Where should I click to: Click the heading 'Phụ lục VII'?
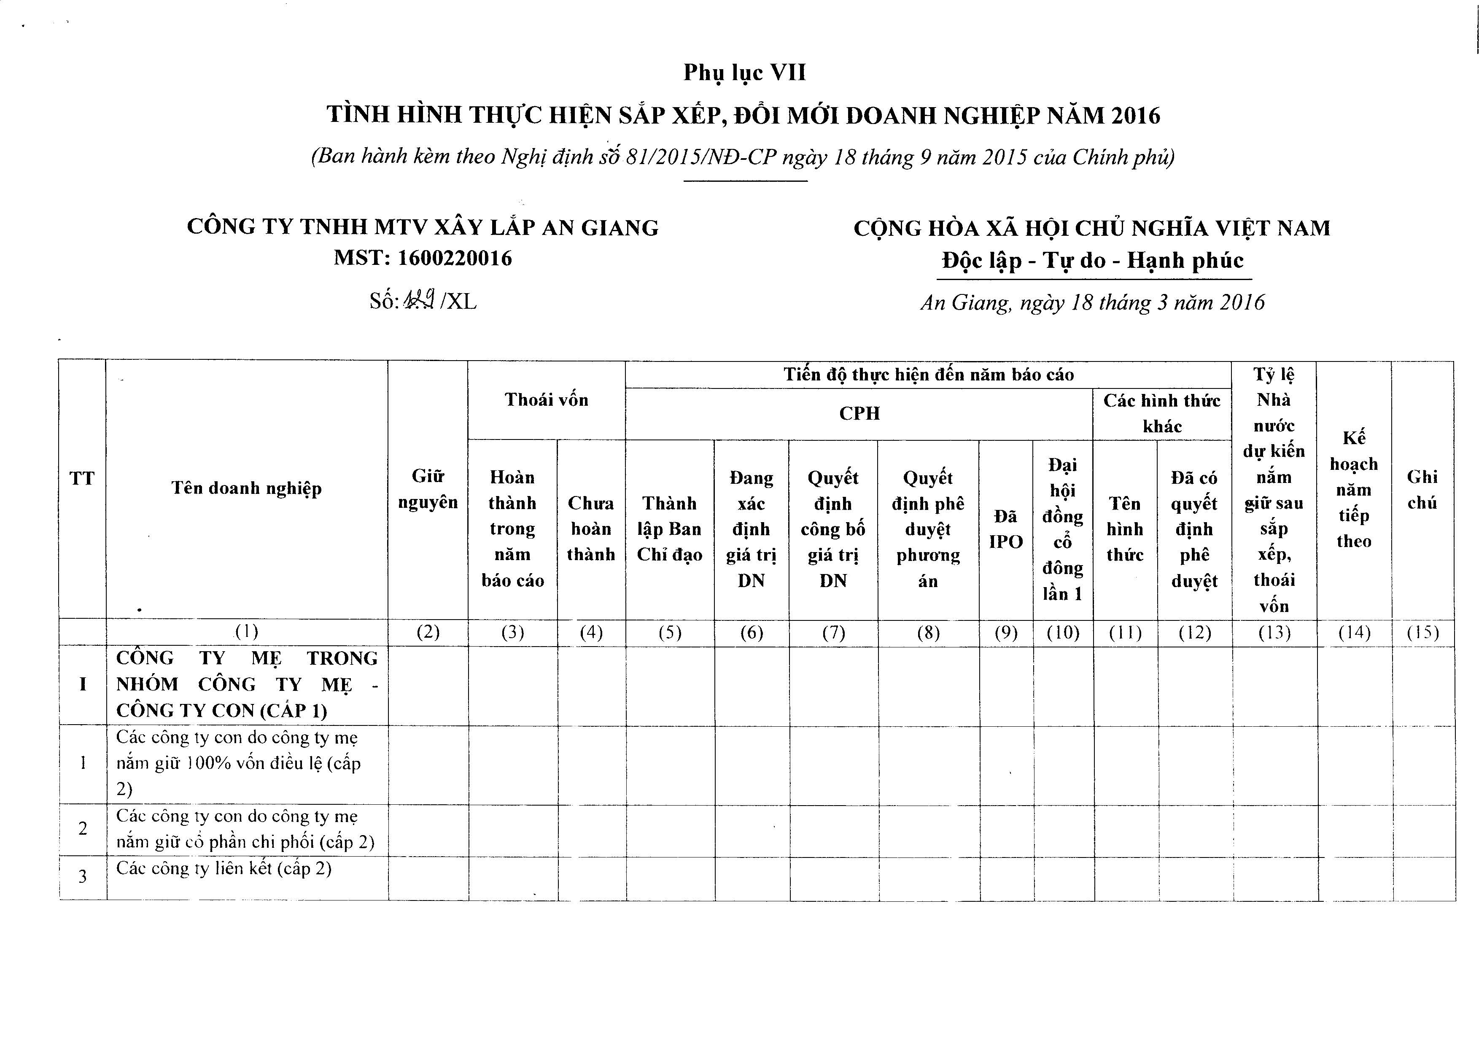745,73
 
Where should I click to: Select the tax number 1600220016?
455,258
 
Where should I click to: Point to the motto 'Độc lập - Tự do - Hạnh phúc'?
1093,260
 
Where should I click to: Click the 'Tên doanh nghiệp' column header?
247,488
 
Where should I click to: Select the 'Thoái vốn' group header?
546,400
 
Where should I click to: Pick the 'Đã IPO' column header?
1005,529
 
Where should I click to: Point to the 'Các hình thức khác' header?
1162,413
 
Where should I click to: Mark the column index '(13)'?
1274,633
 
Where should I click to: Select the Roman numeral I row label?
83,685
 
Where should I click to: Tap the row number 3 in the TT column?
83,876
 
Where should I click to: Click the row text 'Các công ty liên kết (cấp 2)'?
224,868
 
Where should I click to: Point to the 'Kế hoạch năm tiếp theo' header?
1353,490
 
